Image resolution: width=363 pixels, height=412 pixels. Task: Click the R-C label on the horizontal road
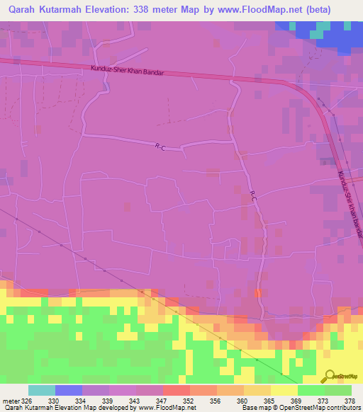[x=160, y=147]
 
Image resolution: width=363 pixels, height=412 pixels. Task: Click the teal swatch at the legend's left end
[x=42, y=390]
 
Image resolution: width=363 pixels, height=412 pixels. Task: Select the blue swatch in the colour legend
[x=69, y=390]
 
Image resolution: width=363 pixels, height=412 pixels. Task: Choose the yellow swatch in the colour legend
[x=284, y=390]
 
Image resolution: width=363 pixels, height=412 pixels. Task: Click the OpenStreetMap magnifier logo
[x=328, y=375]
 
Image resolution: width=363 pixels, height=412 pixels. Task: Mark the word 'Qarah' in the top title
[x=26, y=9]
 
